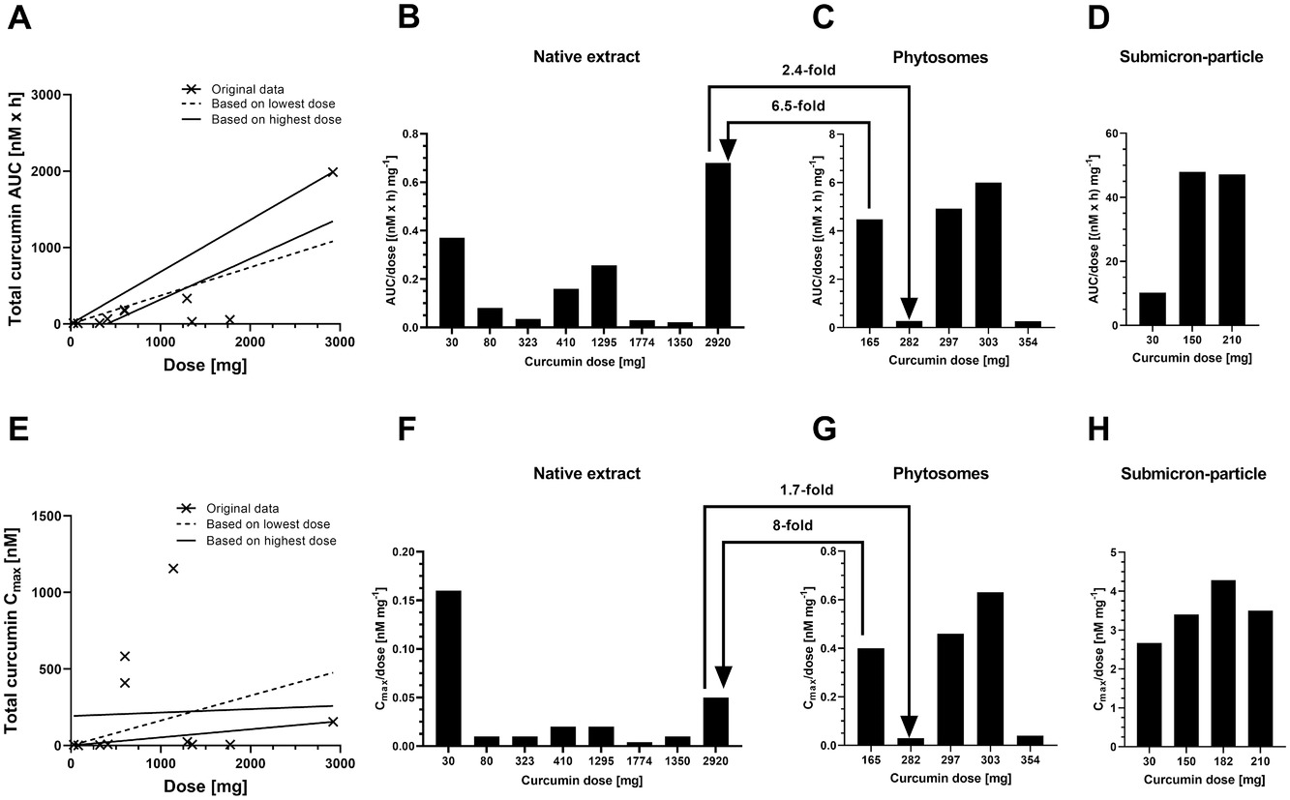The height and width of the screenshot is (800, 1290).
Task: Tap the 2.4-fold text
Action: tap(808, 71)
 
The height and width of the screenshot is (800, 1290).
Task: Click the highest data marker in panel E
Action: tap(173, 568)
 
